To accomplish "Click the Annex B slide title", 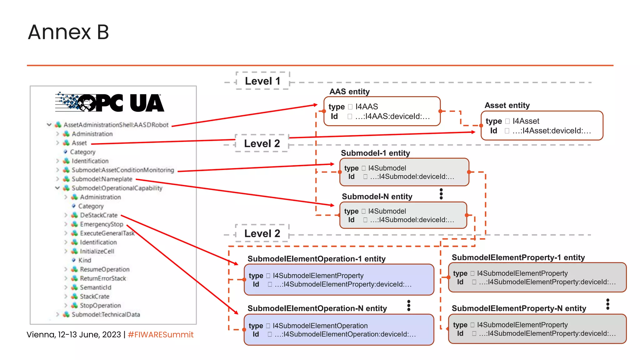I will pyautogui.click(x=68, y=32).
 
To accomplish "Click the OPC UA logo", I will pyautogui.click(x=110, y=102).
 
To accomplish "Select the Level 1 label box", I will pyautogui.click(x=262, y=81).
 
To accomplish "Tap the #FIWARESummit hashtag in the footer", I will pyautogui.click(x=161, y=335).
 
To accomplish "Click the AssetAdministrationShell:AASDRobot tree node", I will pyautogui.click(x=116, y=125).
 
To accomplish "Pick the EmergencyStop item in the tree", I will pyautogui.click(x=101, y=224).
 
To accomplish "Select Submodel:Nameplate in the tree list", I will pyautogui.click(x=102, y=179).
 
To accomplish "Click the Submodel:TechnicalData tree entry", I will pyautogui.click(x=106, y=314).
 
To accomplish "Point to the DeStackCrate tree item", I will pyautogui.click(x=98, y=215).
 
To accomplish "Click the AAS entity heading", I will pyautogui.click(x=349, y=92).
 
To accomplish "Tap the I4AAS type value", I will pyautogui.click(x=367, y=107).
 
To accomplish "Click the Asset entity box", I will pyautogui.click(x=542, y=126).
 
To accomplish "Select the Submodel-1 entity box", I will pyautogui.click(x=404, y=172).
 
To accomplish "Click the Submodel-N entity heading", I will pyautogui.click(x=377, y=197).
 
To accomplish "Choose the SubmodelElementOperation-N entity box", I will pyautogui.click(x=339, y=330).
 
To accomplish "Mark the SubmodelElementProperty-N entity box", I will pyautogui.click(x=537, y=329).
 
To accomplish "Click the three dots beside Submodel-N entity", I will pyautogui.click(x=441, y=194).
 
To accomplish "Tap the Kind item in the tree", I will pyautogui.click(x=85, y=260).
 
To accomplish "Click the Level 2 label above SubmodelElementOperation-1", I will pyautogui.click(x=262, y=233).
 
